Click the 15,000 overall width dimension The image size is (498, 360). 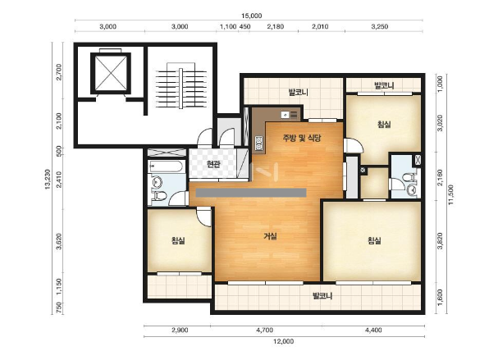point(251,16)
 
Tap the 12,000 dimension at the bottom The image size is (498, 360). point(283,342)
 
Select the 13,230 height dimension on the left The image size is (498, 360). point(48,179)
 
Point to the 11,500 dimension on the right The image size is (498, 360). point(450,194)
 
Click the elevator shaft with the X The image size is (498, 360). point(111,73)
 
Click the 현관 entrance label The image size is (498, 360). point(212,164)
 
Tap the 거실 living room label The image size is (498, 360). point(270,236)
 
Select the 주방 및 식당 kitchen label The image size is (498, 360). point(302,138)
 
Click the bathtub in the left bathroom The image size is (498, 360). point(166,166)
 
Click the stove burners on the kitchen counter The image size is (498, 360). point(259,143)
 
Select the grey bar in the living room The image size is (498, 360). point(251,193)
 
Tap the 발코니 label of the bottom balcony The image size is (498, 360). point(322,296)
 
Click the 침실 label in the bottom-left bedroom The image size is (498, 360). point(178,240)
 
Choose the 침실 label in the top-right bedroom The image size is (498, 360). point(384,124)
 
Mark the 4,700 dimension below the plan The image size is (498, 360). point(264,330)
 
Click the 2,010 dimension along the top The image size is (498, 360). point(320,27)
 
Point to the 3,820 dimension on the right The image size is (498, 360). point(440,241)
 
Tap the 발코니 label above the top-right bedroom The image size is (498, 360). point(384,85)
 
